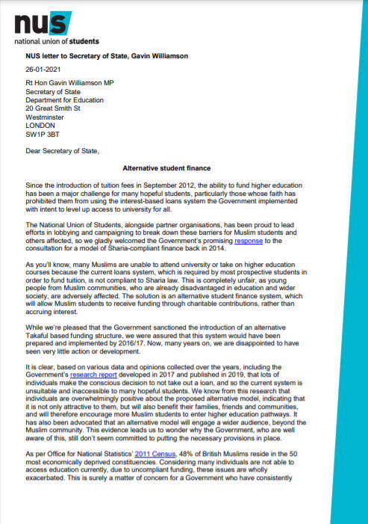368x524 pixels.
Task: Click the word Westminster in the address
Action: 46,117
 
